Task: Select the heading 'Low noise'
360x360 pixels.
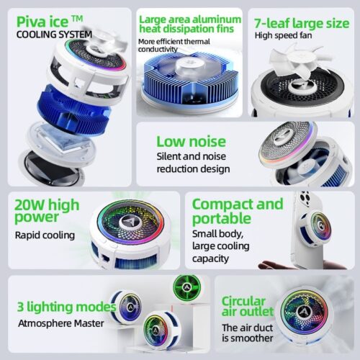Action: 191,141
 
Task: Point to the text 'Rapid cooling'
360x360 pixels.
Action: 45,235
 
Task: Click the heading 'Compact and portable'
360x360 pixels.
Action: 237,210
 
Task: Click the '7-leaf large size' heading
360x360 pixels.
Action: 302,22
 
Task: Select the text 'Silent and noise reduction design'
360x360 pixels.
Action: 193,162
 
